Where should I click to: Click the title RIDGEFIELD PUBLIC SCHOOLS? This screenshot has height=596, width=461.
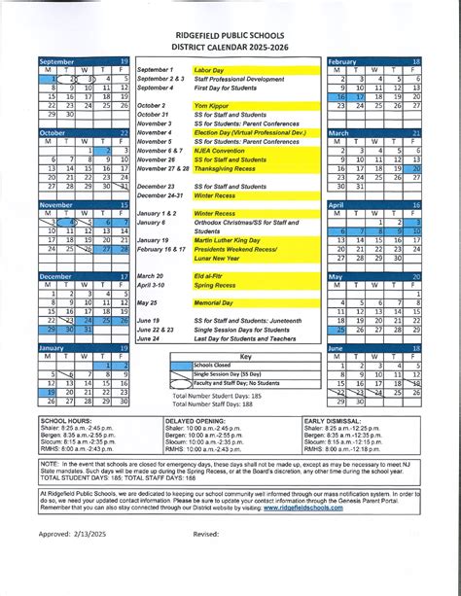point(230,20)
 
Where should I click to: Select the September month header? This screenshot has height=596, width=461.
point(55,61)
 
